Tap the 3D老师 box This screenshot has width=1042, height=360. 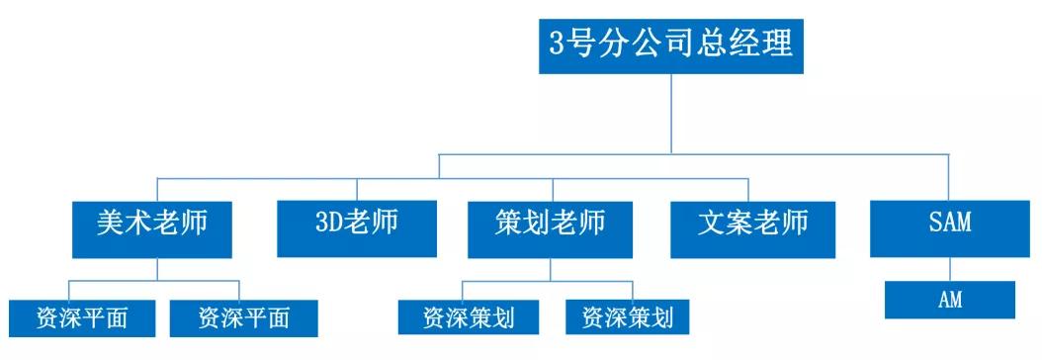point(356,224)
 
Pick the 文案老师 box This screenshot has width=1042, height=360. point(751,224)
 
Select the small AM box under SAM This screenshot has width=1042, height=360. point(949,300)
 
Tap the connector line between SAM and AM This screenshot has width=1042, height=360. point(949,269)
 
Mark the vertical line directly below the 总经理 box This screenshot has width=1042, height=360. point(672,114)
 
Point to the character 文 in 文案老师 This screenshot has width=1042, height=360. point(714,223)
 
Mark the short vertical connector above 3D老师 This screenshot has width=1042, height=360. point(357,188)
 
